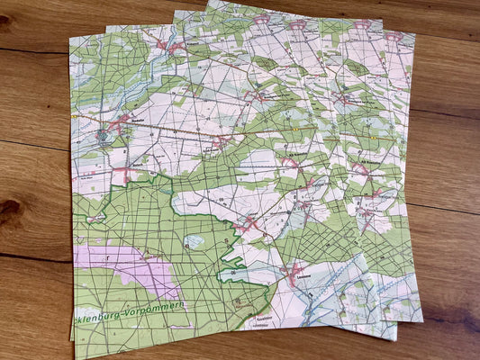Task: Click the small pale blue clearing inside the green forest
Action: point(195,240)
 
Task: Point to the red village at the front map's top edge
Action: point(162,42)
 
